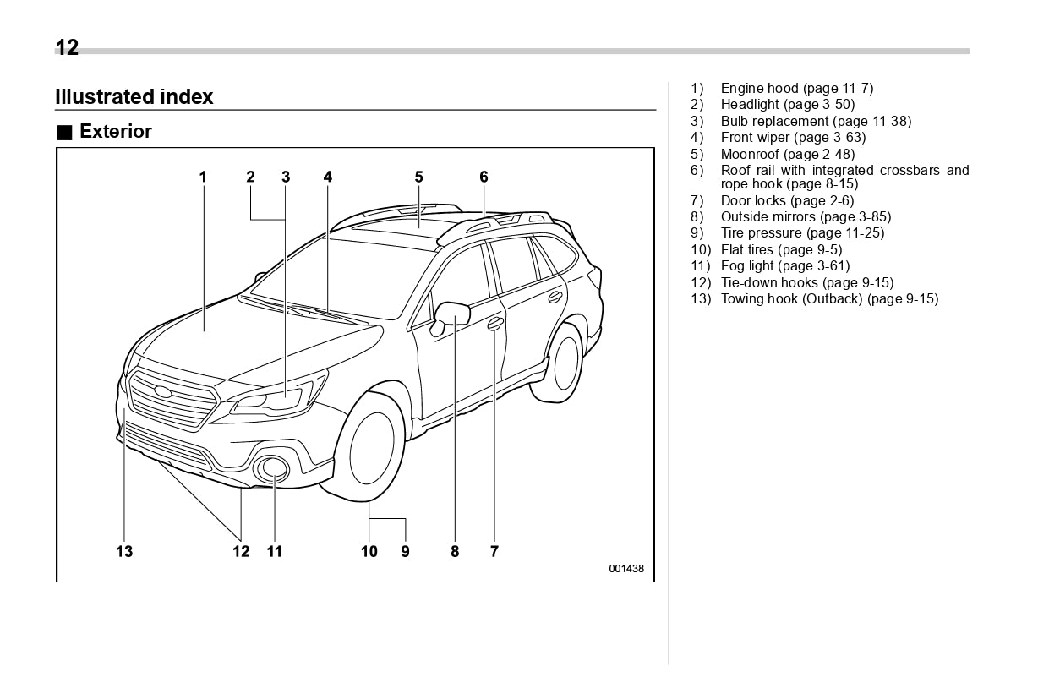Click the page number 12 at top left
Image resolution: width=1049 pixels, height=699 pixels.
point(67,48)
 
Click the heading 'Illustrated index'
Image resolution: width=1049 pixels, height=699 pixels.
point(134,97)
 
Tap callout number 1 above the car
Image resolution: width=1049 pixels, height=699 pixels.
point(203,177)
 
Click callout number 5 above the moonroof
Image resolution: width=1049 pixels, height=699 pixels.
point(418,177)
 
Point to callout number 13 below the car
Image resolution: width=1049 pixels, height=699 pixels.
point(124,552)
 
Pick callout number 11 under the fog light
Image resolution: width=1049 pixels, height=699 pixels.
point(275,552)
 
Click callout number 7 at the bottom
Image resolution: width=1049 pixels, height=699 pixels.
point(494,552)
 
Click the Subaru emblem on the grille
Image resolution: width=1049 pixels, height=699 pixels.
point(162,391)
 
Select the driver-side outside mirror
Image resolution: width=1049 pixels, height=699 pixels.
point(451,315)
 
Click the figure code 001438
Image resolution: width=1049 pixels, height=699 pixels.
point(626,569)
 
